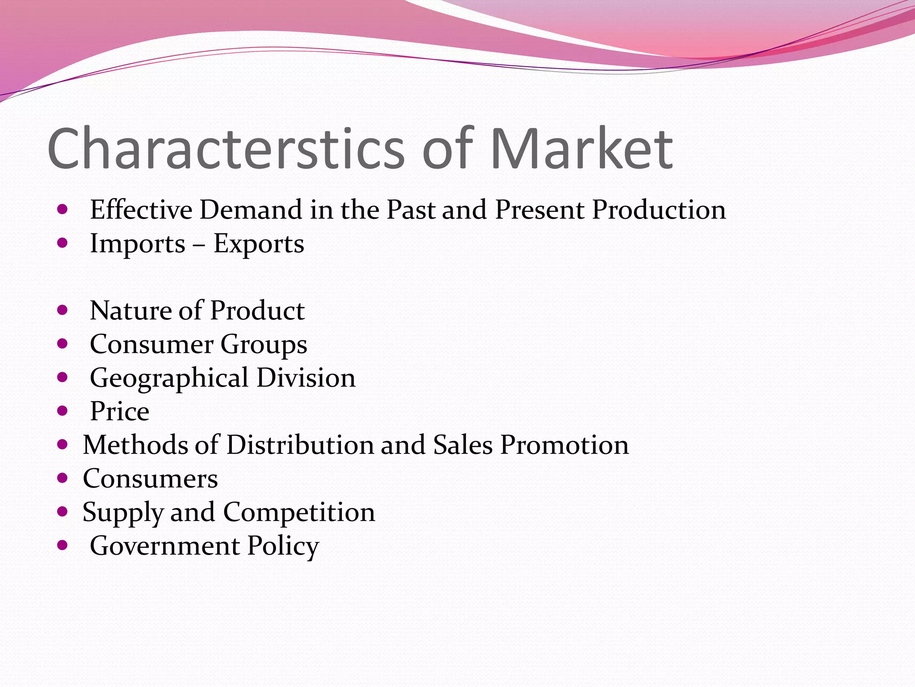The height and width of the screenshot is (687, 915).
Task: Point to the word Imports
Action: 138,244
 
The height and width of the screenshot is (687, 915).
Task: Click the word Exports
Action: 259,244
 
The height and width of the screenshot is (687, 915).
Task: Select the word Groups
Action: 264,345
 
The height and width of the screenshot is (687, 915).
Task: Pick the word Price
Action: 119,411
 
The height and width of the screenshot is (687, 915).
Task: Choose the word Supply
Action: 122,513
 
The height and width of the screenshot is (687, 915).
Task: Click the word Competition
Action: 299,512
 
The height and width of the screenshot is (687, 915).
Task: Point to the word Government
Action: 164,546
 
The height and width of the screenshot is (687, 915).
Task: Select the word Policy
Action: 283,546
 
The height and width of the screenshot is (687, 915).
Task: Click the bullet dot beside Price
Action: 63,411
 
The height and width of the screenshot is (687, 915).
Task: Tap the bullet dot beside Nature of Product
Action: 63,310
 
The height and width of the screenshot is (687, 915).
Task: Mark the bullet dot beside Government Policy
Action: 63,545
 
